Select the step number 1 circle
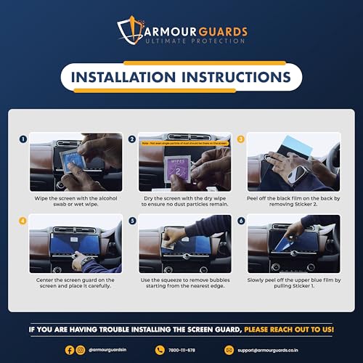coord(23,138)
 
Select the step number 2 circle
coord(132,138)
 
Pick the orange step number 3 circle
coord(241,138)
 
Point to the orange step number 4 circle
coord(23,219)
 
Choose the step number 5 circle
coord(132,219)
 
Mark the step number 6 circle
coord(241,219)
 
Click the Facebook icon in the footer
coord(68,349)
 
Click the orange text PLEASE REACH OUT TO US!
coord(288,330)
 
